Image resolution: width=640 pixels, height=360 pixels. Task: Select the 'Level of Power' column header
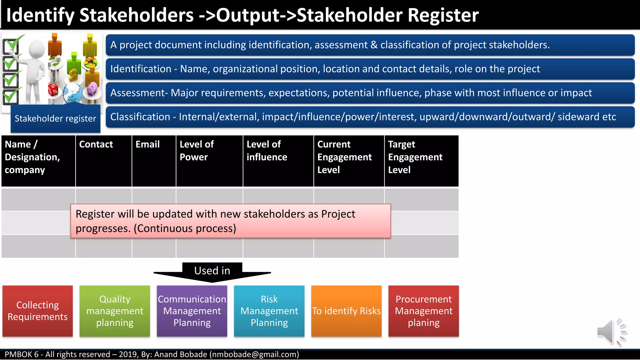(x=197, y=151)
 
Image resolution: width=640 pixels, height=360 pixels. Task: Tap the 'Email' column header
(x=147, y=144)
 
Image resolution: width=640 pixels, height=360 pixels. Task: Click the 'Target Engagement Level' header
(x=415, y=157)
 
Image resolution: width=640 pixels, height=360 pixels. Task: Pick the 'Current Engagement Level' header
(x=344, y=157)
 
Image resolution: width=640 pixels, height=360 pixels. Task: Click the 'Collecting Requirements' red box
(x=37, y=311)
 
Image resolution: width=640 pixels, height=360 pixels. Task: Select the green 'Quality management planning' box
(x=115, y=311)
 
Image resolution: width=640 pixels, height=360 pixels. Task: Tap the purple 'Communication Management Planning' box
(x=192, y=311)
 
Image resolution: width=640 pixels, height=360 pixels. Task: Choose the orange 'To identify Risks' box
(x=346, y=311)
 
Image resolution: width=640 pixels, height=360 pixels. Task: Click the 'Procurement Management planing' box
(x=423, y=311)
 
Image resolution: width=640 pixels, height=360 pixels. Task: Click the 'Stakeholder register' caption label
(x=55, y=119)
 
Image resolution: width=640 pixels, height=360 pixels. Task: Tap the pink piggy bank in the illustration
(x=93, y=88)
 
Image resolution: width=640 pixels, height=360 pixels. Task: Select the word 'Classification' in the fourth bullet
(x=140, y=117)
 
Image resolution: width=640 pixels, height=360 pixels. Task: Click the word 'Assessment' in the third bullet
(x=137, y=93)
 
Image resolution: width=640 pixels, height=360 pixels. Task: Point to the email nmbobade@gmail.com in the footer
(x=254, y=354)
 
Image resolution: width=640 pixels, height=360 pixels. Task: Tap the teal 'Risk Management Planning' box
(x=269, y=311)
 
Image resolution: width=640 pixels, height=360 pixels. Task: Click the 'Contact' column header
(x=96, y=144)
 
